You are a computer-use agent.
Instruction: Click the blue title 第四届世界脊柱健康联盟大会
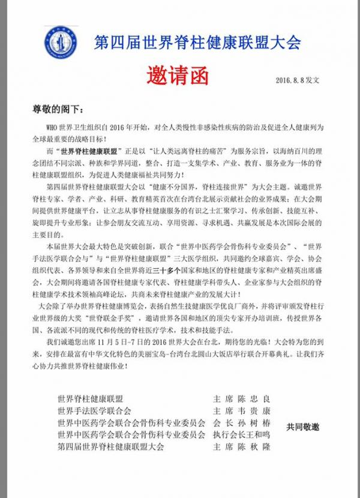(197, 43)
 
